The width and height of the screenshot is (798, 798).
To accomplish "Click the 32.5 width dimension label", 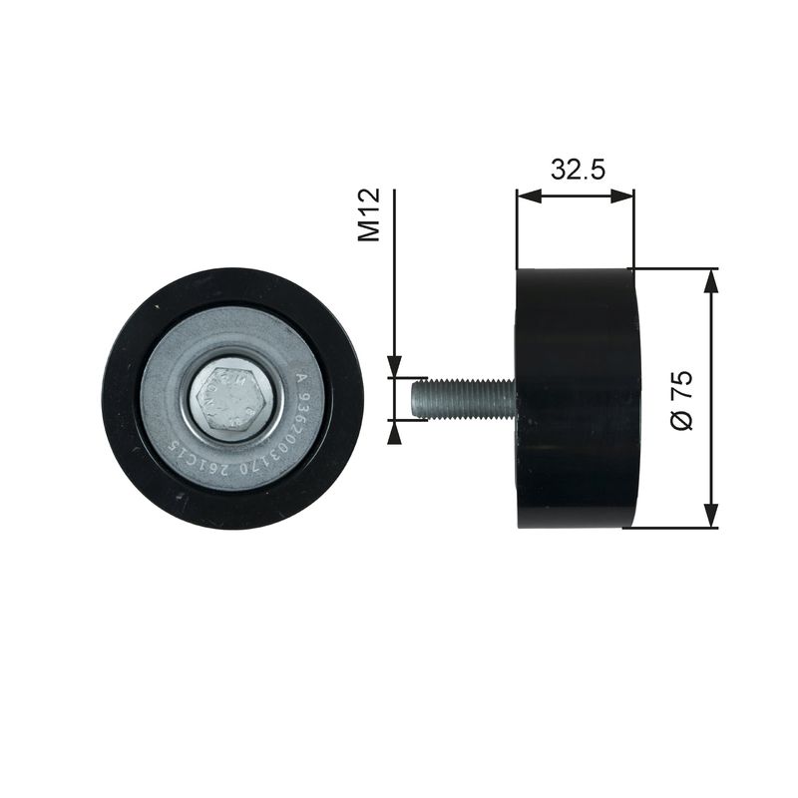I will pyautogui.click(x=578, y=169).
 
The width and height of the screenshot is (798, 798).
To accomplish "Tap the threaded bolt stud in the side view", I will pyautogui.click(x=464, y=398).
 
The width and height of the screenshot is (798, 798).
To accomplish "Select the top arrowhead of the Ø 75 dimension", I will pyautogui.click(x=710, y=279).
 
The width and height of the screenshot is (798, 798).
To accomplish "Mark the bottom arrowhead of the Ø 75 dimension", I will pyautogui.click(x=710, y=517).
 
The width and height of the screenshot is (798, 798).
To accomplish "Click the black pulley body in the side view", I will pyautogui.click(x=577, y=398).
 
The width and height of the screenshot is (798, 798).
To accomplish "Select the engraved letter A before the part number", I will pyautogui.click(x=301, y=378).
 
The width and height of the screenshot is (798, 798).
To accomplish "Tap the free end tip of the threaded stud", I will pyautogui.click(x=413, y=398).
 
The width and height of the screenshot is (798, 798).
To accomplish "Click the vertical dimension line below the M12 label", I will pyautogui.click(x=395, y=299).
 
